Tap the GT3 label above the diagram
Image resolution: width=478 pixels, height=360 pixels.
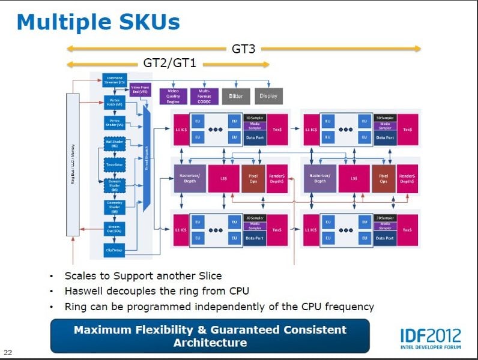[x=243, y=49]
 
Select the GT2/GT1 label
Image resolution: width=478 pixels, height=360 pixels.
[x=169, y=62]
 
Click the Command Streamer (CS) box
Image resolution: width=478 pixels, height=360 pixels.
[x=114, y=79]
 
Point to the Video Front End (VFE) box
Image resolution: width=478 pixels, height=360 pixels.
[x=140, y=90]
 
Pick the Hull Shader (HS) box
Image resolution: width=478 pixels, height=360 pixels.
[x=114, y=143]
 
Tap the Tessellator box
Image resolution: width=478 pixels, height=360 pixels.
[x=114, y=164]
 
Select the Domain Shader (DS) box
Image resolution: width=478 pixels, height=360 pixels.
[x=114, y=184]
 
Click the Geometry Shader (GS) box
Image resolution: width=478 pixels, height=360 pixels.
[x=114, y=206]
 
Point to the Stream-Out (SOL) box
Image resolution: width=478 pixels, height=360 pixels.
[x=114, y=229]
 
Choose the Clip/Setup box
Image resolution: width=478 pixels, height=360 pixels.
[x=114, y=250]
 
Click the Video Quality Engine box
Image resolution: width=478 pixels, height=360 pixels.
[x=173, y=96]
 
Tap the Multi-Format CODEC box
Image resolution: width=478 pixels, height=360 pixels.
[x=204, y=96]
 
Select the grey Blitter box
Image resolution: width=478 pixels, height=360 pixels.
[x=236, y=96]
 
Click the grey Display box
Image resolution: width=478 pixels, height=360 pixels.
[x=268, y=96]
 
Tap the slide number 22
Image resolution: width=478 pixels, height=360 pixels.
[x=8, y=352]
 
